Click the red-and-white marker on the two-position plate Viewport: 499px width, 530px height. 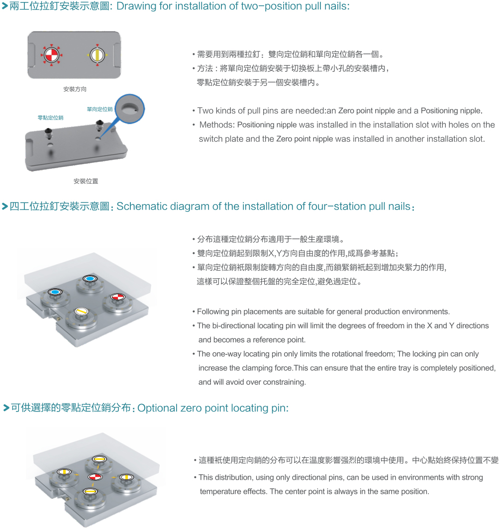pos(51,54)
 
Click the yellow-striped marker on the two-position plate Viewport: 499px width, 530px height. pos(98,55)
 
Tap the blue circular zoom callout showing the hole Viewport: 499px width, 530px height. pos(130,109)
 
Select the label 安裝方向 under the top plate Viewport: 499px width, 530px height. pos(75,89)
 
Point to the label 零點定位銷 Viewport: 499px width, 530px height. pos(50,117)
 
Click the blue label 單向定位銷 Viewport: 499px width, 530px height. pos(100,109)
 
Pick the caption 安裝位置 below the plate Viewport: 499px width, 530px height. pos(86,181)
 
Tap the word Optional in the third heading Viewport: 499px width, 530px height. pos(157,408)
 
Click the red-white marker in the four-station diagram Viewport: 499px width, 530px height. pos(118,297)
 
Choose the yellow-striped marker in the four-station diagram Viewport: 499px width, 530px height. pos(81,312)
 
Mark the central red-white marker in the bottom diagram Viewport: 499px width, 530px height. pos(95,477)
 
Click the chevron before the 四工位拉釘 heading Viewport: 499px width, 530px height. pos(5,206)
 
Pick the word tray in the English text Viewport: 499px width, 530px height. pos(411,368)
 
